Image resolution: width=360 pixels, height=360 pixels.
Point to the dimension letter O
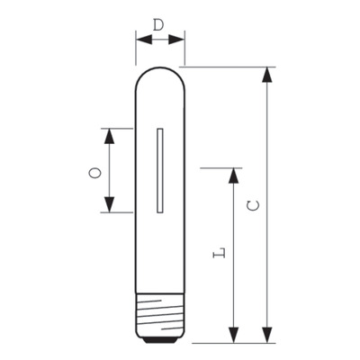tap(94, 170)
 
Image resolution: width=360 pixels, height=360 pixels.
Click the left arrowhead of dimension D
tap(141, 38)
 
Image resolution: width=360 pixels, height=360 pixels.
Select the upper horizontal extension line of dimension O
tap(117, 127)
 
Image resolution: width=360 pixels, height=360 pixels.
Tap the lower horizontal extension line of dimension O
tap(117, 213)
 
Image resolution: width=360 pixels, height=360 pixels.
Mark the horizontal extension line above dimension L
tap(220, 166)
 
